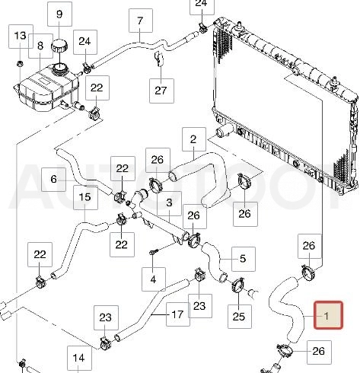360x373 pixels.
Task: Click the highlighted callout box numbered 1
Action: [329, 315]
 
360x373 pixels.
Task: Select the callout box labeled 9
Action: [59, 14]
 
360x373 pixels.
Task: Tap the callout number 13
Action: [21, 36]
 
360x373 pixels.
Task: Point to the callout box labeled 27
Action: [161, 91]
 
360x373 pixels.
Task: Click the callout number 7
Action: [141, 21]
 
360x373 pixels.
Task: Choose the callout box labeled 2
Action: [194, 139]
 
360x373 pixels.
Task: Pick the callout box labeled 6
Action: [53, 180]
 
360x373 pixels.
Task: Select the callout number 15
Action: [85, 197]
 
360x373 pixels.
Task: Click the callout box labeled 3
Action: [169, 202]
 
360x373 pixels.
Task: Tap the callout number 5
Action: [243, 259]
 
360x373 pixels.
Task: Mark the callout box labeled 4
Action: [154, 279]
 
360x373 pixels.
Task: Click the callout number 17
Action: [177, 314]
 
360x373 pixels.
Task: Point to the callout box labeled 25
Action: [240, 317]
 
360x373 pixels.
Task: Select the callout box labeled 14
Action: [79, 358]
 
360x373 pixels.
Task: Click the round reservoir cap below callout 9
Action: [59, 46]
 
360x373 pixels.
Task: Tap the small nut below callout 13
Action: [20, 63]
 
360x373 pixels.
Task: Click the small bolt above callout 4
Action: [153, 252]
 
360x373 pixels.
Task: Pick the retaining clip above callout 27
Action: [159, 59]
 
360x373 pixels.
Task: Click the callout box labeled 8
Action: [40, 46]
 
